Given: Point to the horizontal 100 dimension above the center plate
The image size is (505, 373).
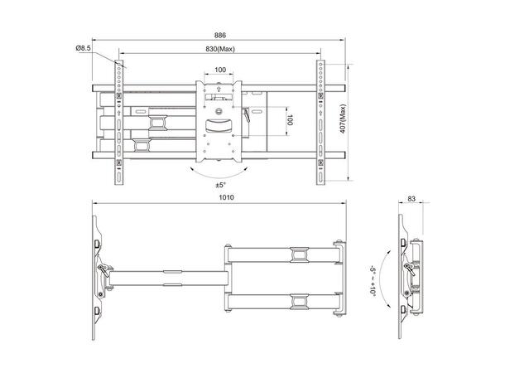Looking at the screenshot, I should tap(220, 70).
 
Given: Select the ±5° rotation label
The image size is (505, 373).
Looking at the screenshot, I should tap(220, 184).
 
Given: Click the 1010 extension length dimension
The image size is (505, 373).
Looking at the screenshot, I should tap(219, 197).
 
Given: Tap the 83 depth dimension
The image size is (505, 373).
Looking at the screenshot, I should tap(413, 198).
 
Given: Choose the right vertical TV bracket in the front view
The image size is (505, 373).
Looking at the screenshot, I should tap(318, 121).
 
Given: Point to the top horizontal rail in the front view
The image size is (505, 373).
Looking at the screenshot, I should tap(220, 85).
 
